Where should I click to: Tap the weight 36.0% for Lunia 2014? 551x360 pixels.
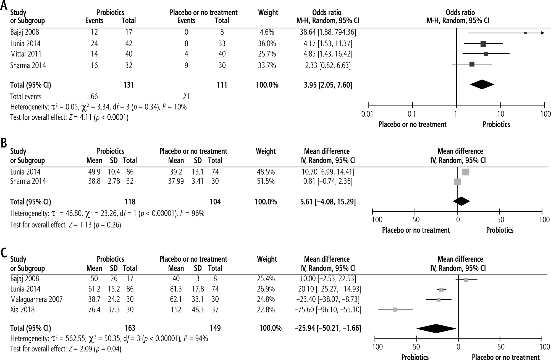[x=267, y=44]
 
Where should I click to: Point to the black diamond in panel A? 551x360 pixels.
[x=482, y=85]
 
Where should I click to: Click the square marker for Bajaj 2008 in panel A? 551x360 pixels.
[x=525, y=33]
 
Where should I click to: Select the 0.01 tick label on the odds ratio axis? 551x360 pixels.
[x=367, y=114]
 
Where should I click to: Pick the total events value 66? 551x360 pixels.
[x=94, y=96]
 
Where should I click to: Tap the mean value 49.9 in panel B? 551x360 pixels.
[x=94, y=172]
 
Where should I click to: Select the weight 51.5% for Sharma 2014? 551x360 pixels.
[x=266, y=181]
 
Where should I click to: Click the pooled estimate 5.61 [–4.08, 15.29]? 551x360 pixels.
[x=328, y=202]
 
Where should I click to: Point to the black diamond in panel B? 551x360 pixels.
[x=461, y=201]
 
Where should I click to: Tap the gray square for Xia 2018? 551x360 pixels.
[x=395, y=309]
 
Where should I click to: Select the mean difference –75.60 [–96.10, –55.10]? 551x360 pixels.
[x=328, y=310]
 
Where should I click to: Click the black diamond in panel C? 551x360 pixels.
[x=436, y=328]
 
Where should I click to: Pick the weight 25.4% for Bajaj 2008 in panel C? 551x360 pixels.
[x=266, y=278]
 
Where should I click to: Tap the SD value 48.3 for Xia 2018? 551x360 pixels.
[x=198, y=310]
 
